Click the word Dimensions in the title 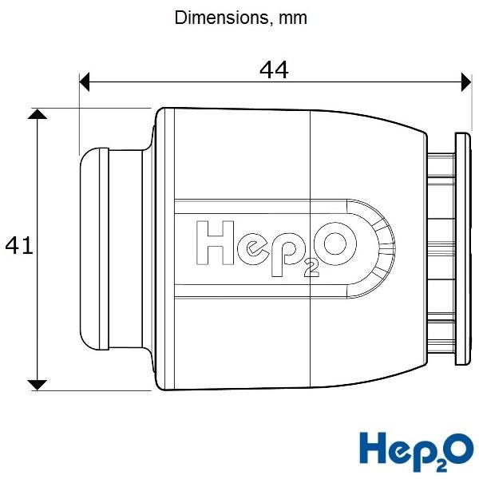coord(221,18)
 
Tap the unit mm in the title coord(292,18)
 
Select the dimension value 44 coord(274,70)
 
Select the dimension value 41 coord(19,245)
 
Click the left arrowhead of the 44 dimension coord(85,82)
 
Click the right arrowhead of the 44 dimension coord(466,82)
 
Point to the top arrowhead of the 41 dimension coord(38,114)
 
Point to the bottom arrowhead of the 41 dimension coord(38,386)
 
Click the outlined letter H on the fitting coord(215,243)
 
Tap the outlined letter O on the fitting coord(335,243)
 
